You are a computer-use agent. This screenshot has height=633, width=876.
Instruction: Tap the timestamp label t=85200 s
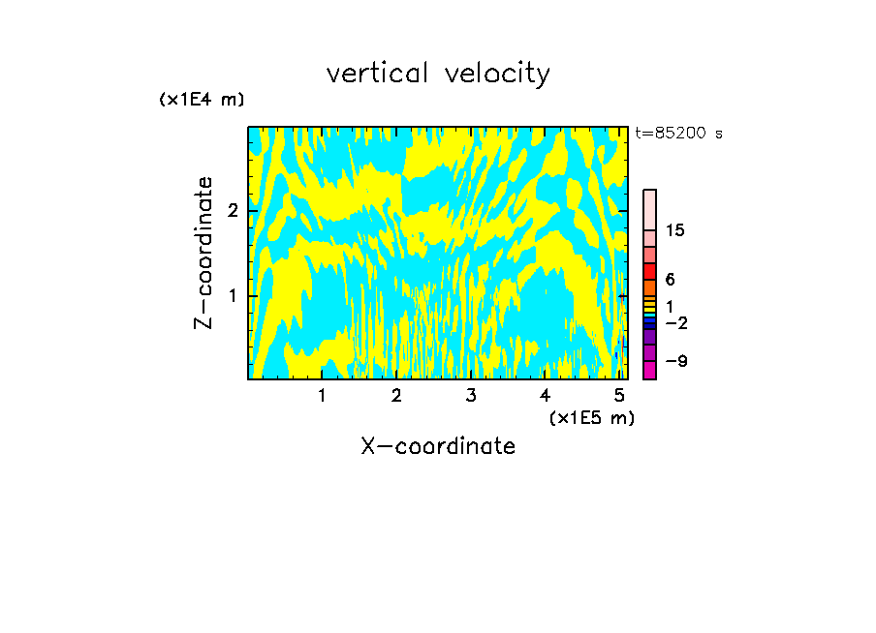tap(678, 134)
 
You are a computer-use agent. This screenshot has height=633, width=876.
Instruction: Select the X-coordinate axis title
tap(438, 446)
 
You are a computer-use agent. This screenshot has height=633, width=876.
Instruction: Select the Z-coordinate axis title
tap(203, 253)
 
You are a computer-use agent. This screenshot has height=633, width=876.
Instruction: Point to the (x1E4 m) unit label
tap(202, 100)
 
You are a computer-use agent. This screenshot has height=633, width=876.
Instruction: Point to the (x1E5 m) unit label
tap(591, 417)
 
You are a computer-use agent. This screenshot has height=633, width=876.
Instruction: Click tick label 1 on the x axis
tap(322, 395)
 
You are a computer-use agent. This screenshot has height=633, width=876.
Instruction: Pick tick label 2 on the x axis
tap(396, 395)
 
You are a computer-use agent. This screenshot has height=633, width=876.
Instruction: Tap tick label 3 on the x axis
tap(471, 395)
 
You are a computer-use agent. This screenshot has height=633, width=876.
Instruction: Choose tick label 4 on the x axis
tap(545, 395)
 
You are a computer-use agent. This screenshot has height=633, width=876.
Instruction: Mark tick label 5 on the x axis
tap(619, 395)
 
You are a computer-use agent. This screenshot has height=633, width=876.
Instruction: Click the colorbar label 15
tap(675, 230)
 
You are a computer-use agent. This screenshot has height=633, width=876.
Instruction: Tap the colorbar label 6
tap(670, 279)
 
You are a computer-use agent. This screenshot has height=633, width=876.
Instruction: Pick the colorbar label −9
tap(675, 361)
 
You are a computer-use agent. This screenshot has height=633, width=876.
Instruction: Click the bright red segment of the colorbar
tap(649, 271)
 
